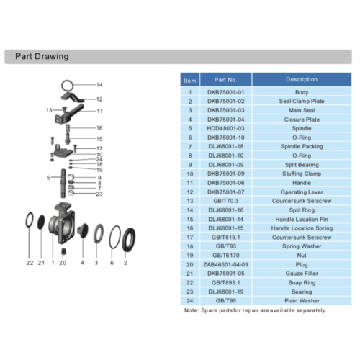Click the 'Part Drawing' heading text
coord(42,56)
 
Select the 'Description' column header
coord(302,79)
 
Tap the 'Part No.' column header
coord(225,80)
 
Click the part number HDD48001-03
coord(225,128)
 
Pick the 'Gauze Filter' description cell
coord(302,274)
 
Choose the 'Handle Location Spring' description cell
coord(302,228)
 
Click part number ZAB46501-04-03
coord(225,264)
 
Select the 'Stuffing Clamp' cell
coord(302,174)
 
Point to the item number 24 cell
coord(190,300)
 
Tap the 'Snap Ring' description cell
coord(302,282)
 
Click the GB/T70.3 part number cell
coord(225,201)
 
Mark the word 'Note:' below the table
coord(192,310)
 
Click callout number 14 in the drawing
coord(99,85)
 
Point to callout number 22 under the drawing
coord(30,263)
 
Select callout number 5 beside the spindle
coord(48,178)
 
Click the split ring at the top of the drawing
coord(67,86)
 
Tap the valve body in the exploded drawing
coord(62,223)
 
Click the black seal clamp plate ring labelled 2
coord(129,240)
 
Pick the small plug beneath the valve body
coord(63,251)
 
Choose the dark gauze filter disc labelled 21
coord(41,222)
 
